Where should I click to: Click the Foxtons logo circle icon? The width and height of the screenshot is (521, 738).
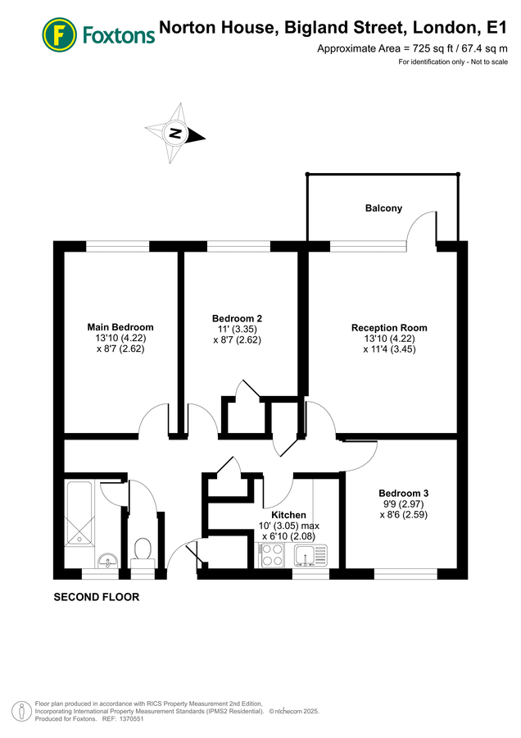[x=59, y=34]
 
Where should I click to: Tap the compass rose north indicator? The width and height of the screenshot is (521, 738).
[x=174, y=132]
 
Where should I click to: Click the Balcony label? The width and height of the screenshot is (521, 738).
[x=383, y=208]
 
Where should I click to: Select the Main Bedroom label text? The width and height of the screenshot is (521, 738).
[x=120, y=327]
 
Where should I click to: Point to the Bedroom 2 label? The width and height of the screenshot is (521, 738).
[x=237, y=318]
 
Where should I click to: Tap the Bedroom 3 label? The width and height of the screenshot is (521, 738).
[x=403, y=493]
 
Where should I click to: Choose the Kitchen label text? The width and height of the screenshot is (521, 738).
[x=289, y=515]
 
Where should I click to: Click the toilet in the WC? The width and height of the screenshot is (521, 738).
[x=143, y=549]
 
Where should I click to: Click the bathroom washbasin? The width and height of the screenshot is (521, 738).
[x=105, y=561]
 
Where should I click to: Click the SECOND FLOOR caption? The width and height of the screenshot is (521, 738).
[x=96, y=597]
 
